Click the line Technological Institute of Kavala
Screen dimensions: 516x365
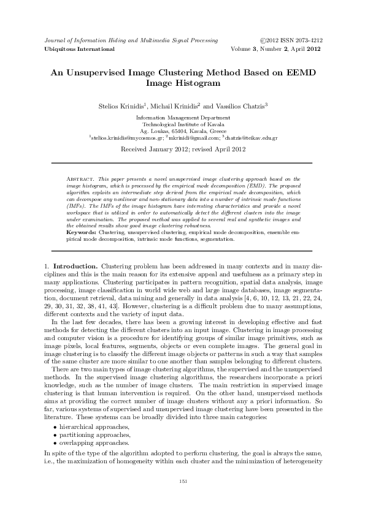coord(182,124)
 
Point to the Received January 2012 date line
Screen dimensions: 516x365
coord(182,149)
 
